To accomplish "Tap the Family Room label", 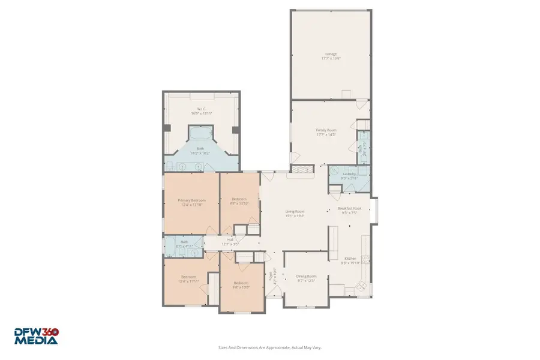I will pos(326,130).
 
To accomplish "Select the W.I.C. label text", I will pos(201,109).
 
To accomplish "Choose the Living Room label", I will pos(295,211).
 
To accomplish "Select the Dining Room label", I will pos(306,277).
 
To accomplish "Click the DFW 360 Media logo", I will pos(37,336).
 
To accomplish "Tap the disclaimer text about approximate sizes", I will pos(269,347).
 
